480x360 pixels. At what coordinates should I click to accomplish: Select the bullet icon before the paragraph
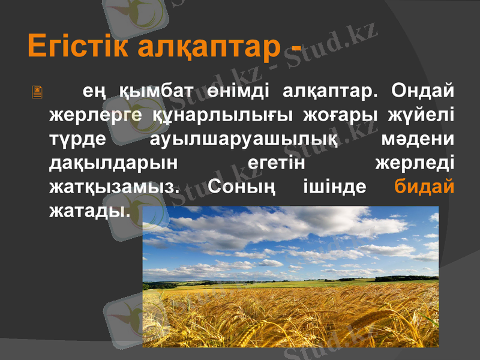point(37,92)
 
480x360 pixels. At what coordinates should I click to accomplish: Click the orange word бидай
point(424,186)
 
